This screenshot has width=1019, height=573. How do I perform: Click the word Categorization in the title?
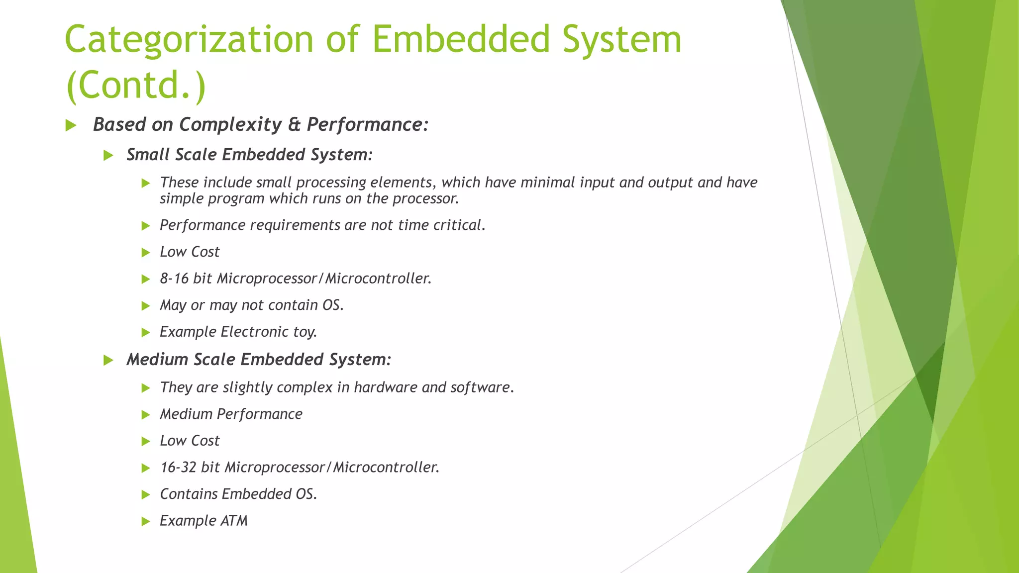click(189, 40)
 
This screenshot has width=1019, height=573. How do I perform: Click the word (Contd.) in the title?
click(135, 85)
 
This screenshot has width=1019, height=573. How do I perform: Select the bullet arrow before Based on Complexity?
click(71, 125)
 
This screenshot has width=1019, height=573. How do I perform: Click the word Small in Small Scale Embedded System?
click(147, 155)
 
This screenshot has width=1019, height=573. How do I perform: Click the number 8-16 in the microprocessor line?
click(174, 279)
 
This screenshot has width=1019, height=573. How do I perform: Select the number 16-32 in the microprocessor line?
click(178, 468)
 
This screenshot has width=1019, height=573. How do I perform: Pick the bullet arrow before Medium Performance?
click(146, 415)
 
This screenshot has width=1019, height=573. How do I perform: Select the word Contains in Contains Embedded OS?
click(189, 494)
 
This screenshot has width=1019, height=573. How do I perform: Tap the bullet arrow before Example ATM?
click(146, 521)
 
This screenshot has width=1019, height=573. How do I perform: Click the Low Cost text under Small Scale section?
click(190, 252)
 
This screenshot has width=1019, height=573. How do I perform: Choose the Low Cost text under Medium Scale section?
click(190, 441)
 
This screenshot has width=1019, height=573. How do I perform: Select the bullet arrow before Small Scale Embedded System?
click(108, 156)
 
